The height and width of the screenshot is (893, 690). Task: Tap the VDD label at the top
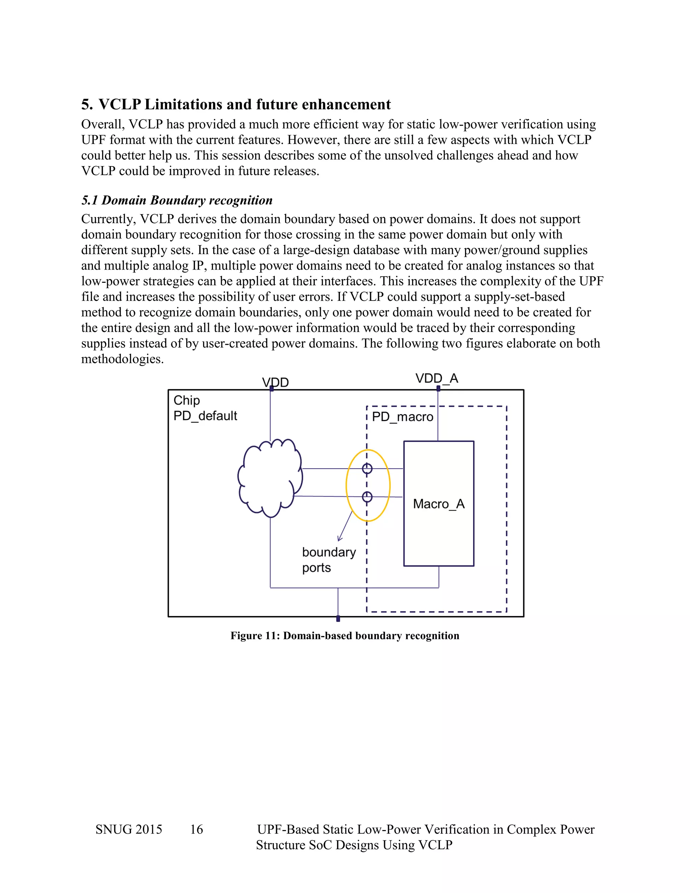coord(275,382)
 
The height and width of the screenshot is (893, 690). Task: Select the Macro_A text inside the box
coord(439,504)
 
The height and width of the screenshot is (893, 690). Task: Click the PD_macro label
coord(402,417)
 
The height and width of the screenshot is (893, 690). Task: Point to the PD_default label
coord(205,416)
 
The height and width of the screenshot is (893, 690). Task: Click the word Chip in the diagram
coord(186,400)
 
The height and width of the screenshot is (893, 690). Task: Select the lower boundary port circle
coord(367,497)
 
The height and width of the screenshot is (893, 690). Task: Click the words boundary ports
coord(328,559)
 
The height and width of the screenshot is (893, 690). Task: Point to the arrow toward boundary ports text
coord(345,527)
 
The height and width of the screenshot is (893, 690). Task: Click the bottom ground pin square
coord(338,619)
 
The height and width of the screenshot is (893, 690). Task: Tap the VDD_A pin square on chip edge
coord(438,389)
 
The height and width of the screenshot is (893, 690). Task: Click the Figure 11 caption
coord(345,636)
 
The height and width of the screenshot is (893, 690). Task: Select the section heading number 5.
coord(86,105)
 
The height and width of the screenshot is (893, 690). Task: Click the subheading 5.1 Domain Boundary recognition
coord(177,201)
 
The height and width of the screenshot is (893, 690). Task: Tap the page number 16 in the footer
coord(196,829)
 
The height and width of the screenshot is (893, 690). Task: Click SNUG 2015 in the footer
coord(129,829)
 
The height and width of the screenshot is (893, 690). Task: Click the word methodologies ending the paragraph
coord(122,359)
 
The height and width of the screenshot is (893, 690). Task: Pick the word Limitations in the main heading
coord(184,105)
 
